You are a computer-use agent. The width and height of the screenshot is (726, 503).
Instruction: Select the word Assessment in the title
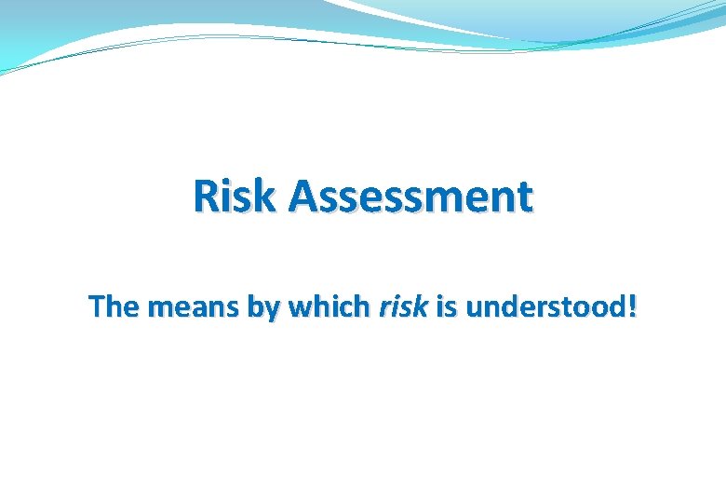410,197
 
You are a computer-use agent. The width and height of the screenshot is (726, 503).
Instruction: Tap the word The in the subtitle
110,307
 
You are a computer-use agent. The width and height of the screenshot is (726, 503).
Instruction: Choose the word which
329,307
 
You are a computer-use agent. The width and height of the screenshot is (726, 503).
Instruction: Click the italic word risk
402,307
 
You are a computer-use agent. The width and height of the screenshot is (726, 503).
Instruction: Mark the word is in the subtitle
447,307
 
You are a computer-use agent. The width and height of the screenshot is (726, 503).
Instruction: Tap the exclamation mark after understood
633,307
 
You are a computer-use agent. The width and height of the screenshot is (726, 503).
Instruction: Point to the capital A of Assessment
303,197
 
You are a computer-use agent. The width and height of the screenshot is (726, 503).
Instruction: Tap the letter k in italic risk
421,307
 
